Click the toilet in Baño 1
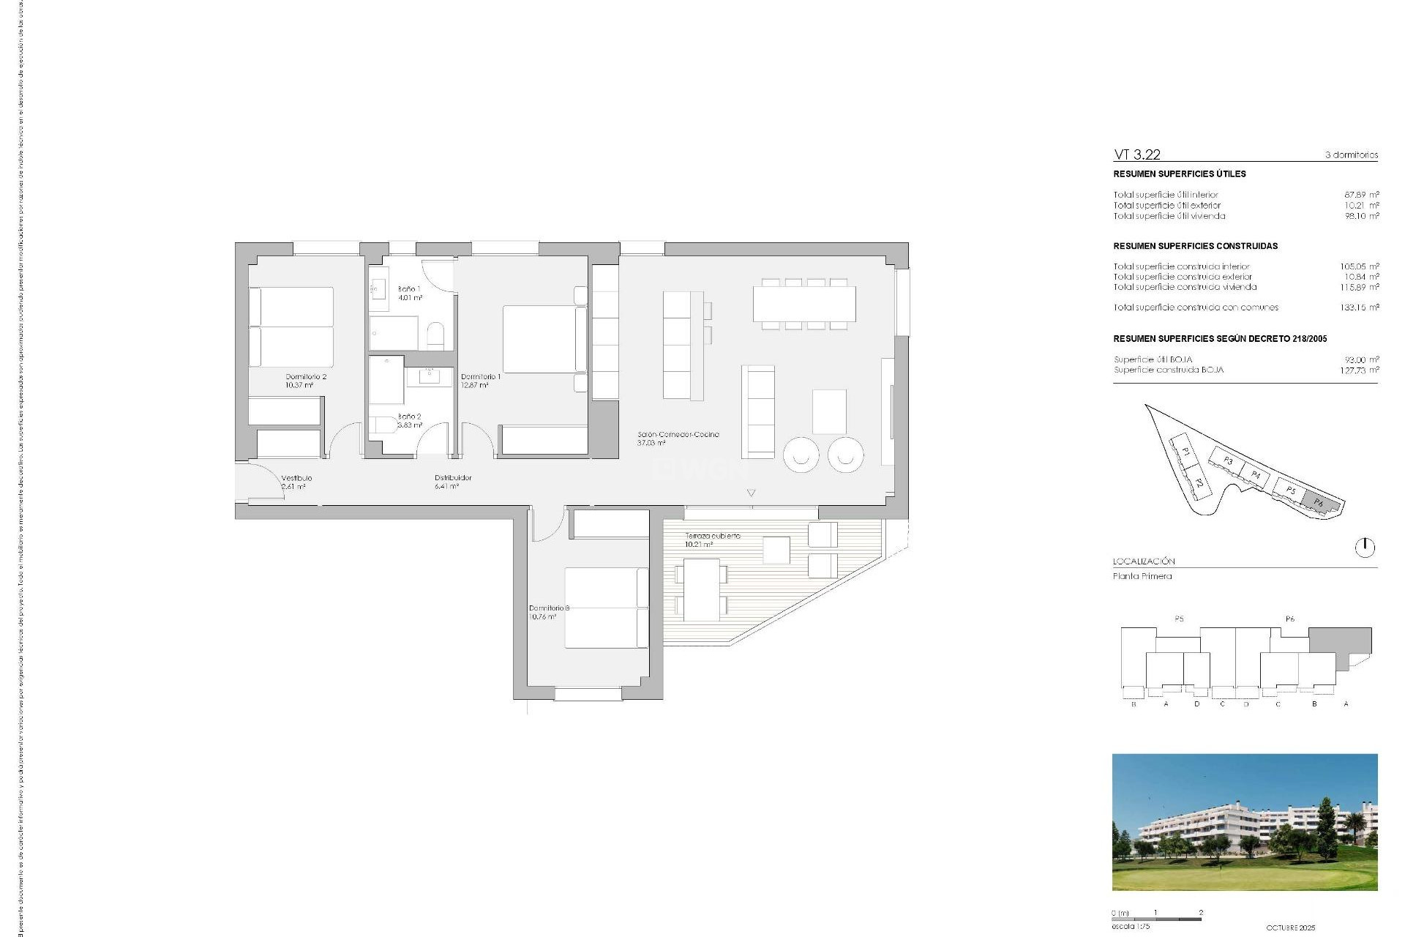click(x=435, y=335)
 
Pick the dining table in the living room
click(x=804, y=304)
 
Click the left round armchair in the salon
click(x=801, y=455)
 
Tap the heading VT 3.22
click(x=1136, y=154)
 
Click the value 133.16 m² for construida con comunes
click(x=1359, y=307)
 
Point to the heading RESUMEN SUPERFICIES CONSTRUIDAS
click(x=1195, y=246)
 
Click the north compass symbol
click(x=1365, y=547)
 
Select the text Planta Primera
click(x=1142, y=576)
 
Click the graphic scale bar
click(x=1156, y=919)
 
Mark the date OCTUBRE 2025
click(x=1290, y=927)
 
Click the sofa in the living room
click(x=758, y=412)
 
